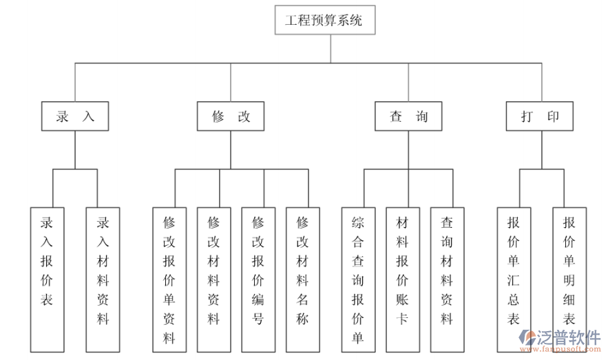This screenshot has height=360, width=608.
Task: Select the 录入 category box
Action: click(75, 117)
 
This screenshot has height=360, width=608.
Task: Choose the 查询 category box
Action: click(408, 117)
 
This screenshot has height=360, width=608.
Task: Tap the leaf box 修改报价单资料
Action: click(169, 279)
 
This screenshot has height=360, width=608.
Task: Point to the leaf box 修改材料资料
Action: click(214, 279)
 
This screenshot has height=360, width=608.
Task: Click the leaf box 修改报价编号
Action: click(258, 279)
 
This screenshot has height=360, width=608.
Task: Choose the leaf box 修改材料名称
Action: click(303, 279)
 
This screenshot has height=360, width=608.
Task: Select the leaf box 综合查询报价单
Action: click(358, 279)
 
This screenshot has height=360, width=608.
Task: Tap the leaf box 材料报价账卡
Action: click(403, 279)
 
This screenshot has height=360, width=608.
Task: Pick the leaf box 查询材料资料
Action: click(447, 279)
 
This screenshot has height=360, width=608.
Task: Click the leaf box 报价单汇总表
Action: click(514, 279)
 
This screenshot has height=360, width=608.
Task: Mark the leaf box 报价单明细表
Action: click(569, 279)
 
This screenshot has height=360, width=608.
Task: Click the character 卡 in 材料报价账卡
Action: click(403, 319)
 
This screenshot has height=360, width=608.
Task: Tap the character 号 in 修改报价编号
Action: click(258, 319)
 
